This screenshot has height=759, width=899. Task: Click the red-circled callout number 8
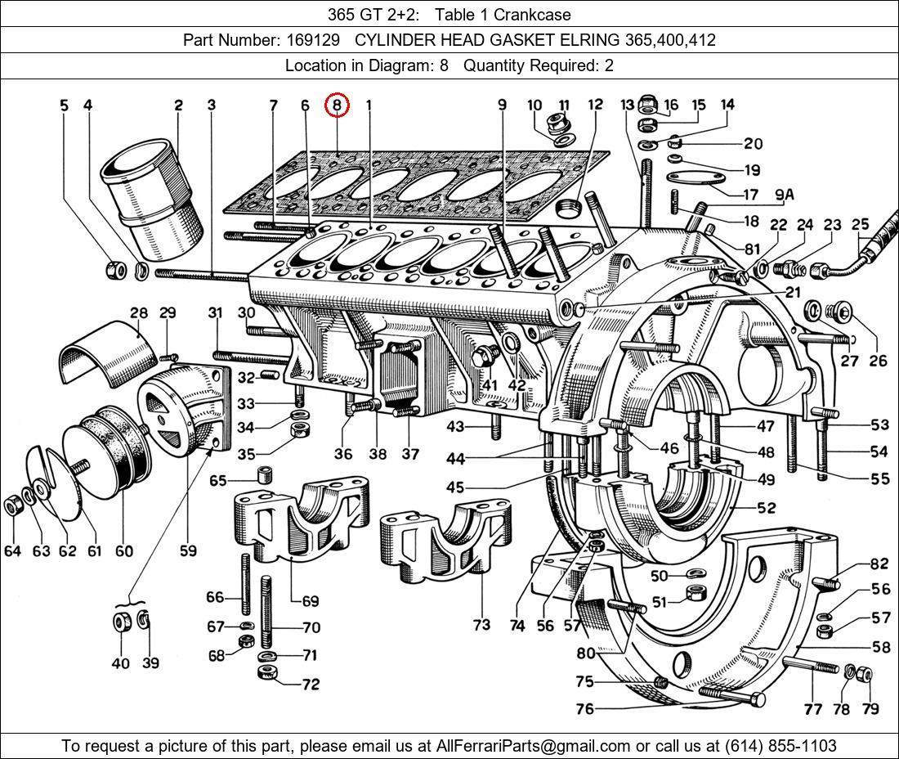tap(337, 105)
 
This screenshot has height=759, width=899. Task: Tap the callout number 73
tap(481, 625)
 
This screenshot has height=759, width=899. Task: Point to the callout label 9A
tap(784, 195)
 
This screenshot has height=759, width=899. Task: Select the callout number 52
tap(766, 508)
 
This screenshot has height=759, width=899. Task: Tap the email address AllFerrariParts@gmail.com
tap(533, 746)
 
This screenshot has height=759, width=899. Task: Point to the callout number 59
tap(188, 550)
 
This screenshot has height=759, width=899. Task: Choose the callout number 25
tap(860, 224)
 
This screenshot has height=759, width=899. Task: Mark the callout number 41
tap(489, 384)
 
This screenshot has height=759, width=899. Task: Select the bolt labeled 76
tap(732, 698)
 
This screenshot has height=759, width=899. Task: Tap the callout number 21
tap(793, 292)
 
